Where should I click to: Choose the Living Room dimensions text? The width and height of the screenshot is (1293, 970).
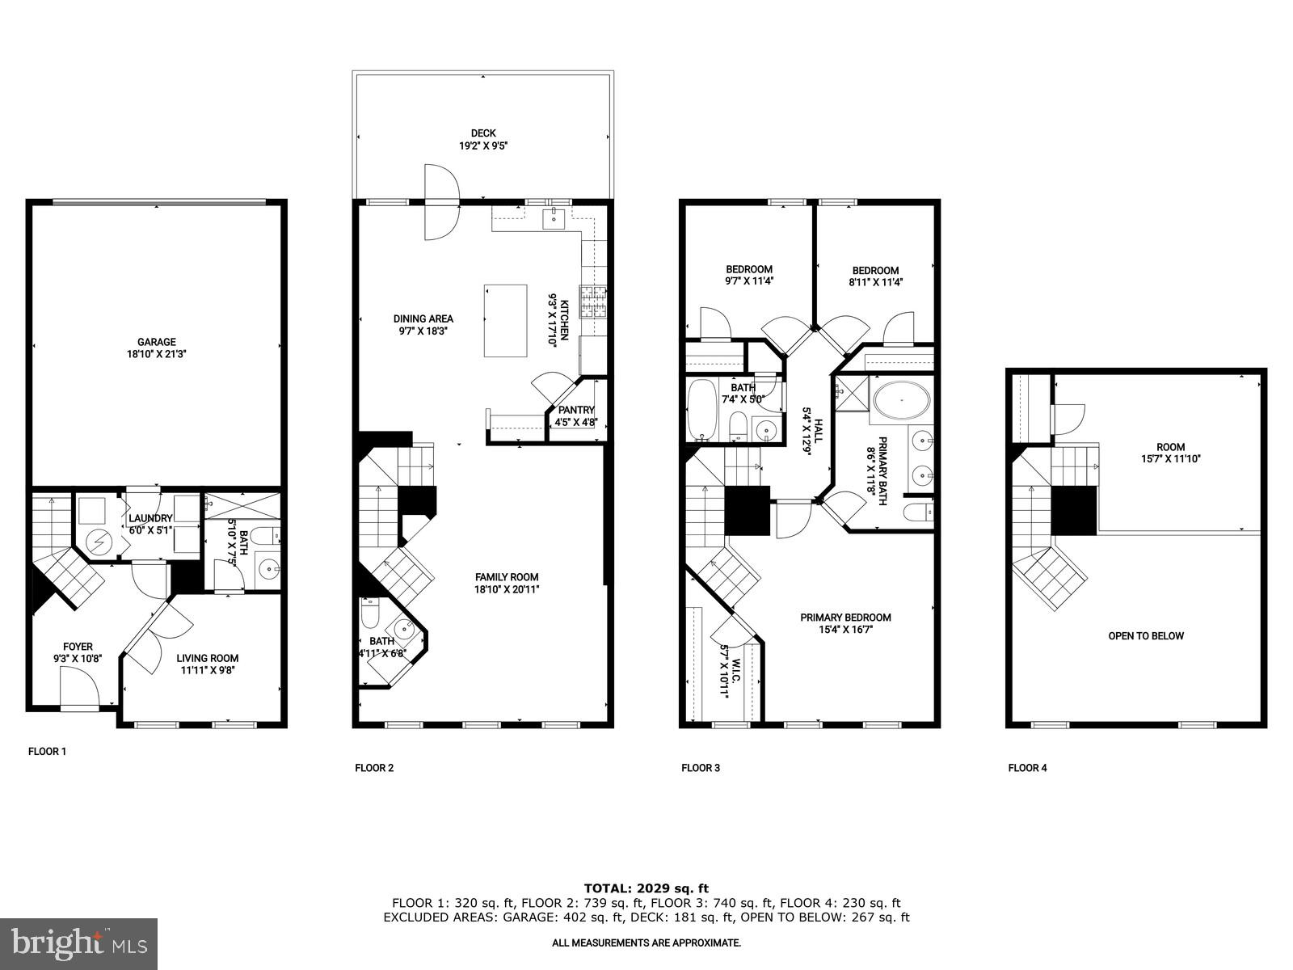(x=208, y=669)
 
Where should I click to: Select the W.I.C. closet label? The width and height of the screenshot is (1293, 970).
(x=724, y=671)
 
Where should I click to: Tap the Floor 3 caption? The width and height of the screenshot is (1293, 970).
(x=700, y=768)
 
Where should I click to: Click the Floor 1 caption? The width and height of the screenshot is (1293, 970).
(x=47, y=752)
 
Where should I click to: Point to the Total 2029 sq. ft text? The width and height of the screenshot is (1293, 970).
(x=646, y=888)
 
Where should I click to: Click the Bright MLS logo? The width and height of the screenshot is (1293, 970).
(x=79, y=942)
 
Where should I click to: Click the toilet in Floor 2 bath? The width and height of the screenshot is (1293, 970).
(x=370, y=616)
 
